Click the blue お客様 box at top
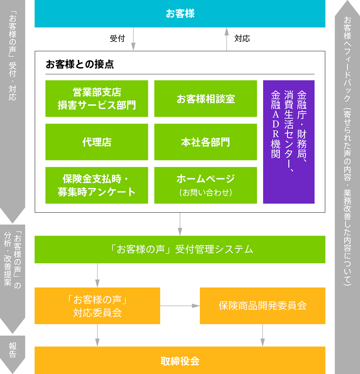(x=180, y=14)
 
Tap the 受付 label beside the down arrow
(x=117, y=39)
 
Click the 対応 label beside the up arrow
(x=242, y=39)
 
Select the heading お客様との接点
(x=80, y=64)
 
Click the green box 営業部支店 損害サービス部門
(x=97, y=99)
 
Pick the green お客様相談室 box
(x=206, y=99)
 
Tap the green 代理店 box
(x=97, y=142)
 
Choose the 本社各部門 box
(x=206, y=142)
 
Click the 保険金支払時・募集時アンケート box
(x=97, y=185)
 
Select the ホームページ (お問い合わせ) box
(x=206, y=185)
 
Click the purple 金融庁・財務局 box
(x=289, y=142)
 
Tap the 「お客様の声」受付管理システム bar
(x=180, y=249)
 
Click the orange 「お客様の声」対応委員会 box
(x=97, y=306)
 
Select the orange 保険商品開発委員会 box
(x=262, y=306)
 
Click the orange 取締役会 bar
(x=180, y=360)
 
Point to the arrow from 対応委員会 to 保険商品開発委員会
(x=180, y=306)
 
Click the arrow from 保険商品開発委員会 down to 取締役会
(x=262, y=335)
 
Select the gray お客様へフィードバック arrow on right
(x=347, y=180)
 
